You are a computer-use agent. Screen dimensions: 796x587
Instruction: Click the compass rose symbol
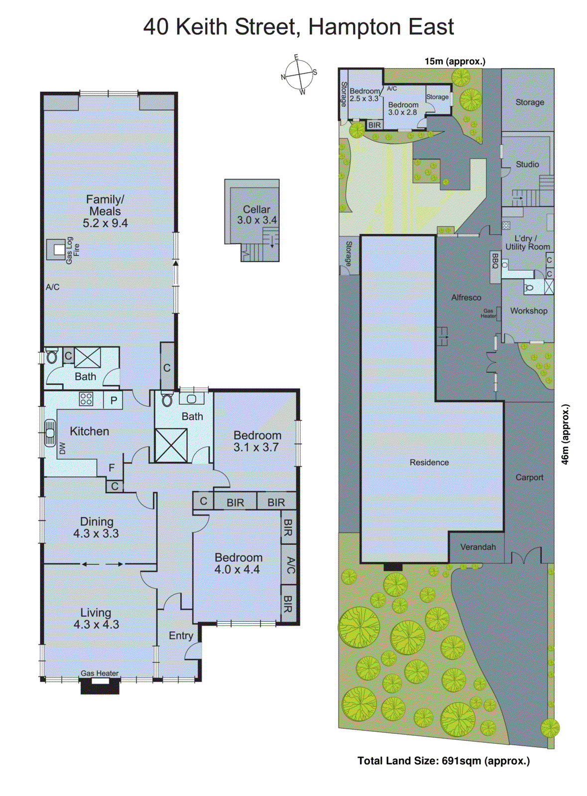[x=299, y=75]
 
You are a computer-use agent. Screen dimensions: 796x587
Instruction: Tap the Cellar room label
[x=256, y=209]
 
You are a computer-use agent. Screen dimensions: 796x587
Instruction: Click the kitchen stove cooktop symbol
[x=86, y=399]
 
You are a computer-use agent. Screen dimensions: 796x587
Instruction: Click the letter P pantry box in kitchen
[x=114, y=400]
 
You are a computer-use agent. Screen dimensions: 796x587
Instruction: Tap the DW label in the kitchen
[x=62, y=448]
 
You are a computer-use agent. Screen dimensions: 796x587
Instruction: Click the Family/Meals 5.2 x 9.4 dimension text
[x=105, y=223]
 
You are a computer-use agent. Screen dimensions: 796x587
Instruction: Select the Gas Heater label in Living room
[x=100, y=673]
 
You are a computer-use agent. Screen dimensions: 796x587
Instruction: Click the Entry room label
[x=181, y=636]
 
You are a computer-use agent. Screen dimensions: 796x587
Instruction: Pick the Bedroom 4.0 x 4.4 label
[x=237, y=564]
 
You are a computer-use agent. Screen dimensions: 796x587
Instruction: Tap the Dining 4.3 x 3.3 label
[x=97, y=527]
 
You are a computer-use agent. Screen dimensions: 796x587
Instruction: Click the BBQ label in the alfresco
[x=495, y=261]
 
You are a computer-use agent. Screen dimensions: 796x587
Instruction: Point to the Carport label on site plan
[x=529, y=478]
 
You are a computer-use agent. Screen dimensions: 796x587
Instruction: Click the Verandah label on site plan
[x=477, y=547]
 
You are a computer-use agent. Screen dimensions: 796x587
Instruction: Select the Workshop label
[x=528, y=311]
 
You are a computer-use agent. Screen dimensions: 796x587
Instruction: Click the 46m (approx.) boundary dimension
[x=565, y=434]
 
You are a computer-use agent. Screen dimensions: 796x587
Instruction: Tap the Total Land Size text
[x=443, y=761]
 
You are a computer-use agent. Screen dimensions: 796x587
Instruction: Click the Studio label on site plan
[x=527, y=164]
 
